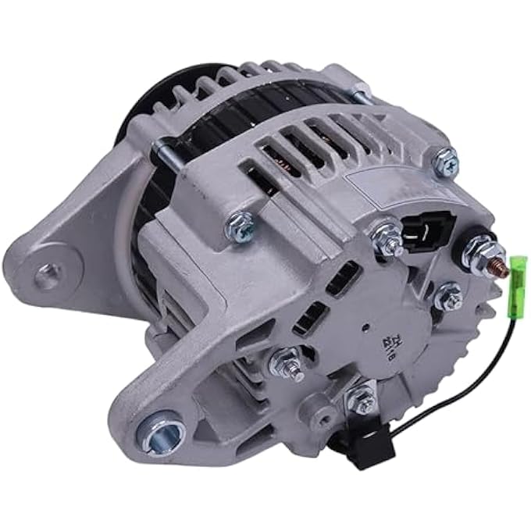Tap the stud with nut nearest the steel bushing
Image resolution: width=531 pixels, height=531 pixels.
coord(286,362)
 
